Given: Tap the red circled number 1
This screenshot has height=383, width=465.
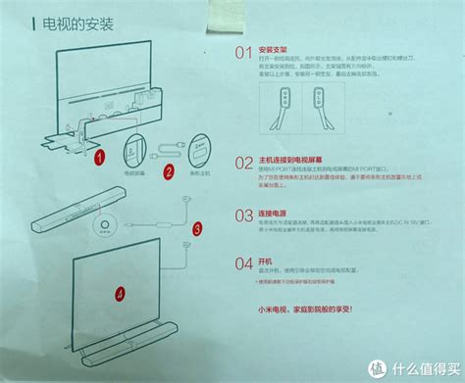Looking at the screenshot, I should point(98,155).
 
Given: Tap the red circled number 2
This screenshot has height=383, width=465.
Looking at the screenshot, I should point(170,171).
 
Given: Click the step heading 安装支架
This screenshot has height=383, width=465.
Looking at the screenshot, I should point(277,47).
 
